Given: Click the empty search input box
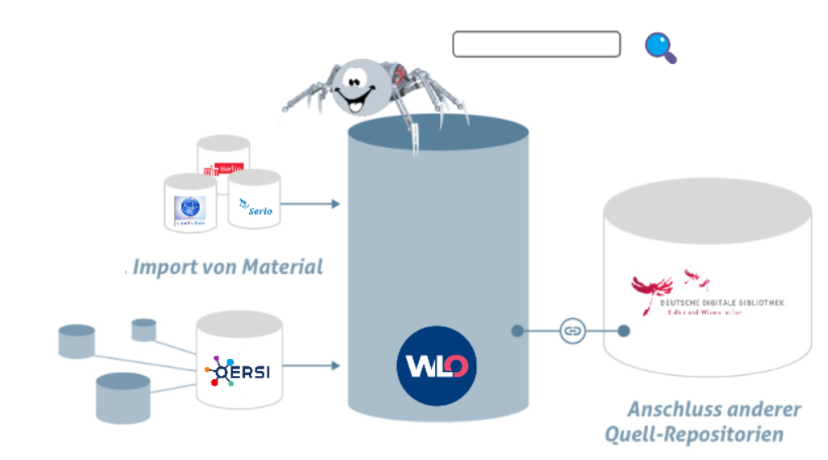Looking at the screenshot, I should (x=536, y=44).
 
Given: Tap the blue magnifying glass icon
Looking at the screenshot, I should (x=659, y=47).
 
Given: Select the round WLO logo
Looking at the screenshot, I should (x=437, y=365).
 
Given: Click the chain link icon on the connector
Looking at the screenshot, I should (x=572, y=331).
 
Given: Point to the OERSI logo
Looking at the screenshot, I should (x=238, y=372).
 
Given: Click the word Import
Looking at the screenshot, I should (x=158, y=267).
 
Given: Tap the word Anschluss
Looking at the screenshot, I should (x=674, y=409).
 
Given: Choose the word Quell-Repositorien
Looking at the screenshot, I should (x=694, y=434).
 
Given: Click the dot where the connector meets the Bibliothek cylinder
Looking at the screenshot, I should (x=623, y=331).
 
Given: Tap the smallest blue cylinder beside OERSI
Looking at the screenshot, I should (x=144, y=329).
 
